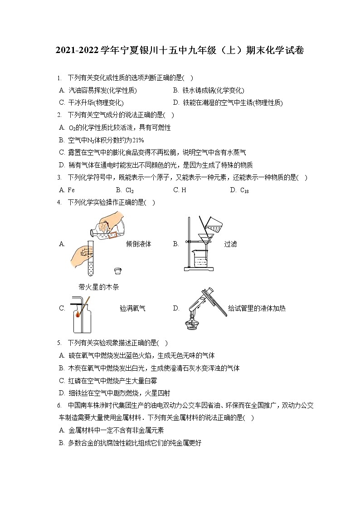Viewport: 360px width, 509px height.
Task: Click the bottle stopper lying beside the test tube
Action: pos(117,271)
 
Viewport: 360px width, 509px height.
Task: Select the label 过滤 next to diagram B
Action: pos(230,244)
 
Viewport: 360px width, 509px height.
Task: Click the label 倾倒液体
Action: pos(138,244)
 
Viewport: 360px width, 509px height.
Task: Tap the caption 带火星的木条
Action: pos(98,287)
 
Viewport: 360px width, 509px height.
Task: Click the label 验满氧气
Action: pos(132,308)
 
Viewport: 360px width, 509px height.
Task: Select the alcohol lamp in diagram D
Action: pos(192,323)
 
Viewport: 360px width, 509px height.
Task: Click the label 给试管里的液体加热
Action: pos(257,308)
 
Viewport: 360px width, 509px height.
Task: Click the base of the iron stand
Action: pos(199,269)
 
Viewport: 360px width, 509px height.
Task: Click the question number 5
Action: pos(59,343)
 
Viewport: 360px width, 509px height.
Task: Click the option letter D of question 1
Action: pos(176,103)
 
